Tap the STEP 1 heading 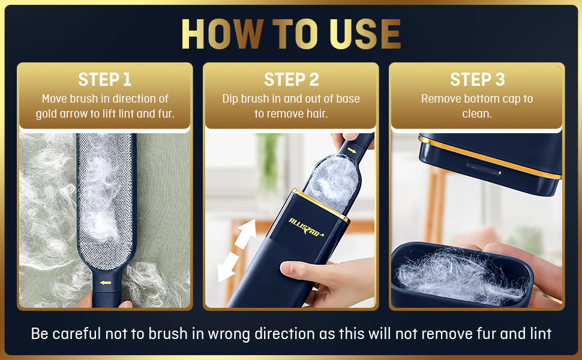(104, 80)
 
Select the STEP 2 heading (291, 80)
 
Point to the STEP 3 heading (477, 80)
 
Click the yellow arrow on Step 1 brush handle (106, 282)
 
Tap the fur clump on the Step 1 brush (104, 198)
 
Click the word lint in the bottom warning (539, 334)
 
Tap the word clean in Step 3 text (477, 113)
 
